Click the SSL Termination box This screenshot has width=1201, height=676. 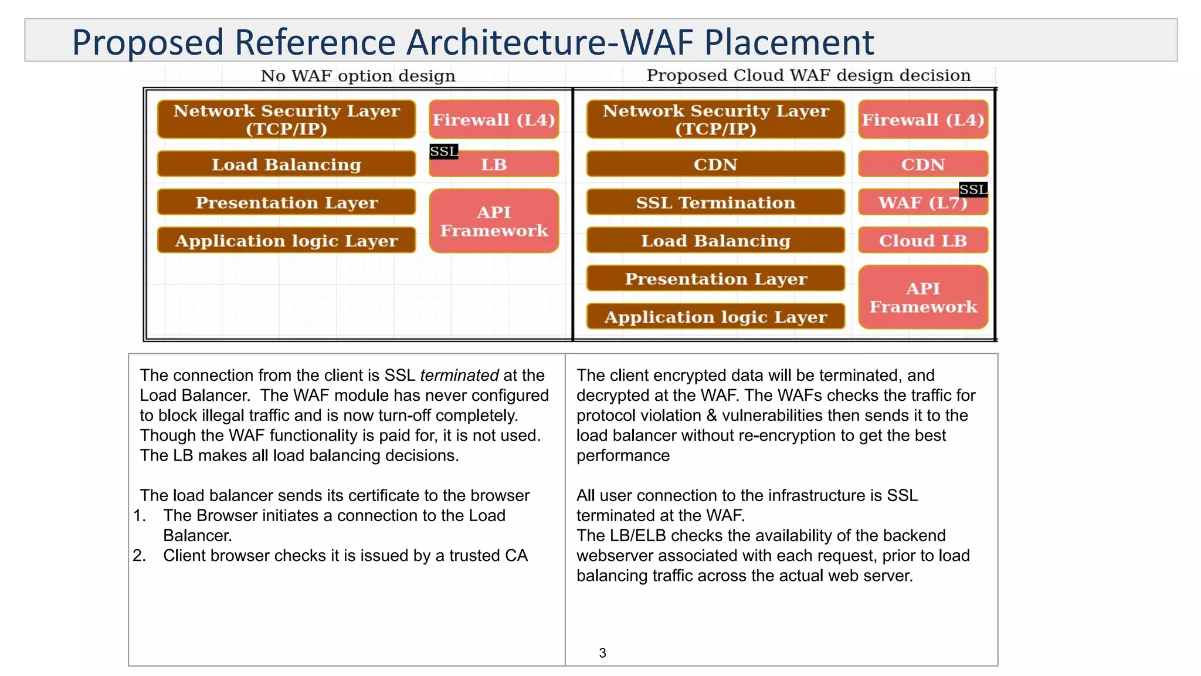715,202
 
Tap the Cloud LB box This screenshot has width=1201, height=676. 922,241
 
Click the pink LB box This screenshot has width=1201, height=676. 494,165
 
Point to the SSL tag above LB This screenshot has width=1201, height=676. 443,151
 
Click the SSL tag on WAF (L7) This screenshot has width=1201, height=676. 973,190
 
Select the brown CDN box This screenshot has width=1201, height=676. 715,164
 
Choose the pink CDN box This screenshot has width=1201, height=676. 922,164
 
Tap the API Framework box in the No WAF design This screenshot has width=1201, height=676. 494,221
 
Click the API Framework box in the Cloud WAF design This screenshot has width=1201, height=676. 922,298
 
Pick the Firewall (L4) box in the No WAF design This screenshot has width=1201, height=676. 494,120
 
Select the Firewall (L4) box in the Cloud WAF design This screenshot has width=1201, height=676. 922,120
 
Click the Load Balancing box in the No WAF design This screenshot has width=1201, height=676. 286,164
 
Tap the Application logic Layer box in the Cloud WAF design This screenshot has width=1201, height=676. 715,317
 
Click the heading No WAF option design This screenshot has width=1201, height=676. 358,76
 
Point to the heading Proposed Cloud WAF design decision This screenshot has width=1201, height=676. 808,75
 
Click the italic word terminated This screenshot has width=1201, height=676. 459,376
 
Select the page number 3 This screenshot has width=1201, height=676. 602,653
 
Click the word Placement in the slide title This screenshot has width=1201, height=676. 789,42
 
